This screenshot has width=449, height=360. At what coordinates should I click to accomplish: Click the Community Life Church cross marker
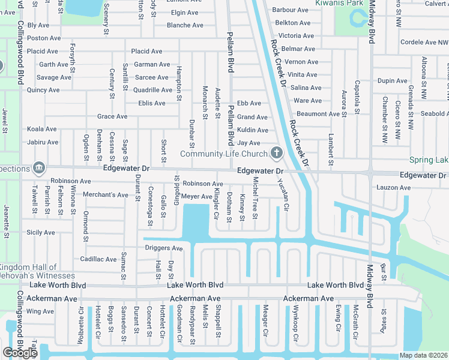[x=276, y=153]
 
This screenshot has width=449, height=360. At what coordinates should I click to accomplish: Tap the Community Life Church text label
[x=223, y=154]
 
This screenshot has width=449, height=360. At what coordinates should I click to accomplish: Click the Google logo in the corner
[x=20, y=353]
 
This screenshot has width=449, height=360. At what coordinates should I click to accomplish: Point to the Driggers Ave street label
[x=163, y=248]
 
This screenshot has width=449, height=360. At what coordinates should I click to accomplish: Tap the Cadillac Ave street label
[x=98, y=259]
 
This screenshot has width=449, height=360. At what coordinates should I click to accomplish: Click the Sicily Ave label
[x=40, y=232]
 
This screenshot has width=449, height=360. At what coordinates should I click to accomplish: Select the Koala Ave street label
[x=42, y=129]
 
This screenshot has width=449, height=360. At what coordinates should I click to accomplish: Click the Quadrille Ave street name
[x=152, y=90]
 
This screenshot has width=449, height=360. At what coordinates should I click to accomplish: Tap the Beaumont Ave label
[x=318, y=113]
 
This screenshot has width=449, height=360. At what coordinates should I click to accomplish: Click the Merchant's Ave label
[x=106, y=195]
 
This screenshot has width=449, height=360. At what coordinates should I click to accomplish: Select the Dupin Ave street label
[x=393, y=80]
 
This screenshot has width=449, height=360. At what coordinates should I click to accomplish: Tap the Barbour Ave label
[x=290, y=10]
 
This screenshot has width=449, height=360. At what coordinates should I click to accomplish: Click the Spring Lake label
[x=429, y=160]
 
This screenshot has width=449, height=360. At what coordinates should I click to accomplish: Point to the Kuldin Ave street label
[x=253, y=130]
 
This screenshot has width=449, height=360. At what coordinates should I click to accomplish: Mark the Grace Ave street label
[x=112, y=116]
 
